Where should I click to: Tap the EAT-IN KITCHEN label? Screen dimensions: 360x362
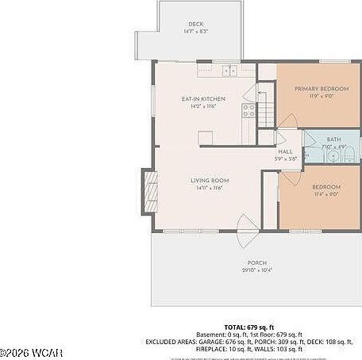[x=203, y=98]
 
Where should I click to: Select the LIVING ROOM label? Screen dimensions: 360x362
[x=210, y=181]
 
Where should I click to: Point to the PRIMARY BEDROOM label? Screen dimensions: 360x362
[x=315, y=89]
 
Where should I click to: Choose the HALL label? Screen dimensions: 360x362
[x=285, y=152]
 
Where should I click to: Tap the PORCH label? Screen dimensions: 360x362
[x=256, y=262]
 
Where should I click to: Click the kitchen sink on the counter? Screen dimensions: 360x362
[x=230, y=70]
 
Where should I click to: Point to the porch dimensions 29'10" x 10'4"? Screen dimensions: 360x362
[x=256, y=270]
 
